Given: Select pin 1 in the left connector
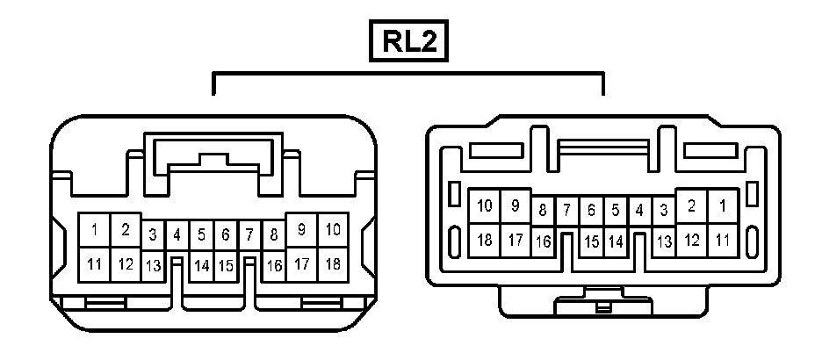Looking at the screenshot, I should [95, 231].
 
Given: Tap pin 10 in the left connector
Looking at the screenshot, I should [333, 230].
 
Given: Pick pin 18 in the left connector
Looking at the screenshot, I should [333, 263].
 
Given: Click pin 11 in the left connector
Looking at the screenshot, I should [95, 263].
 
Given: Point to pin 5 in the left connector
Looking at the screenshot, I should [201, 235].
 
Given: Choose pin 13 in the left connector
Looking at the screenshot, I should [153, 265].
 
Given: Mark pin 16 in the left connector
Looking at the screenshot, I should [274, 265].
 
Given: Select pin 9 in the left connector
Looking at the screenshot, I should [302, 230].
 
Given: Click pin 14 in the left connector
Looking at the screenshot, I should [201, 265].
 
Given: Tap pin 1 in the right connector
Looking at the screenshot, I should [723, 206].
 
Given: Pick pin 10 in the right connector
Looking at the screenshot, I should [485, 206].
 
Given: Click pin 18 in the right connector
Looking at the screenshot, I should [485, 239].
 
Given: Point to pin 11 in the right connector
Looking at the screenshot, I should [723, 239].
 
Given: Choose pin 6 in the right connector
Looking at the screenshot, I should [591, 211].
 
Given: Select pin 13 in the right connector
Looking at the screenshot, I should [664, 241].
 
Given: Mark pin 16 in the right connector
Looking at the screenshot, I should [543, 241].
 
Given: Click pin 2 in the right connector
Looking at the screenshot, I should [692, 206].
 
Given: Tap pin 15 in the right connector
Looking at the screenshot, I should [591, 241].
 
